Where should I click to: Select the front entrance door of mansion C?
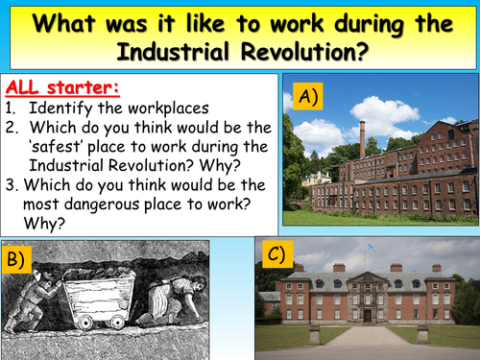pyautogui.click(x=367, y=316)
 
